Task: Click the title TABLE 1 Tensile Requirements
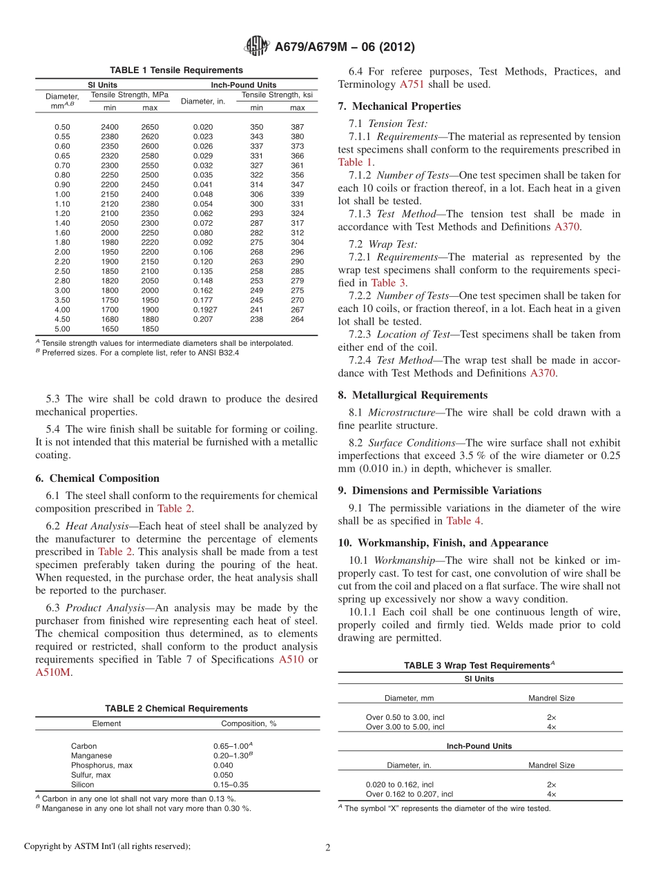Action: (x=176, y=70)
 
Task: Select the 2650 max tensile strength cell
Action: (x=150, y=127)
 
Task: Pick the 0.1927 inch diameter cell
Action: (x=204, y=310)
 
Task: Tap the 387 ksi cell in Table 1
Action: (x=297, y=127)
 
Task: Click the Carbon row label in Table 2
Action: (x=84, y=746)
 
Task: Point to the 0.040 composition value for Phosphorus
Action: (x=223, y=765)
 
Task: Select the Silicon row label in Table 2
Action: (x=82, y=785)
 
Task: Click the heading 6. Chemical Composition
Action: (x=97, y=478)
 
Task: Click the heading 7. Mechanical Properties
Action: (x=399, y=106)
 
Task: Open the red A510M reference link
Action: (x=52, y=672)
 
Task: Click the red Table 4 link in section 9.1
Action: (x=463, y=521)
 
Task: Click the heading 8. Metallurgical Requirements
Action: (x=412, y=396)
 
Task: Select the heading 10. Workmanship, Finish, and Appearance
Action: (x=443, y=543)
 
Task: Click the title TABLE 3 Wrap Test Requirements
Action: (x=479, y=665)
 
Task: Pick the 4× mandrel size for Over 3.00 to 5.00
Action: (x=551, y=727)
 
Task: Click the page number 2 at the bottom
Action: (x=328, y=846)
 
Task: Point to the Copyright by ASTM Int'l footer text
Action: (x=107, y=846)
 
